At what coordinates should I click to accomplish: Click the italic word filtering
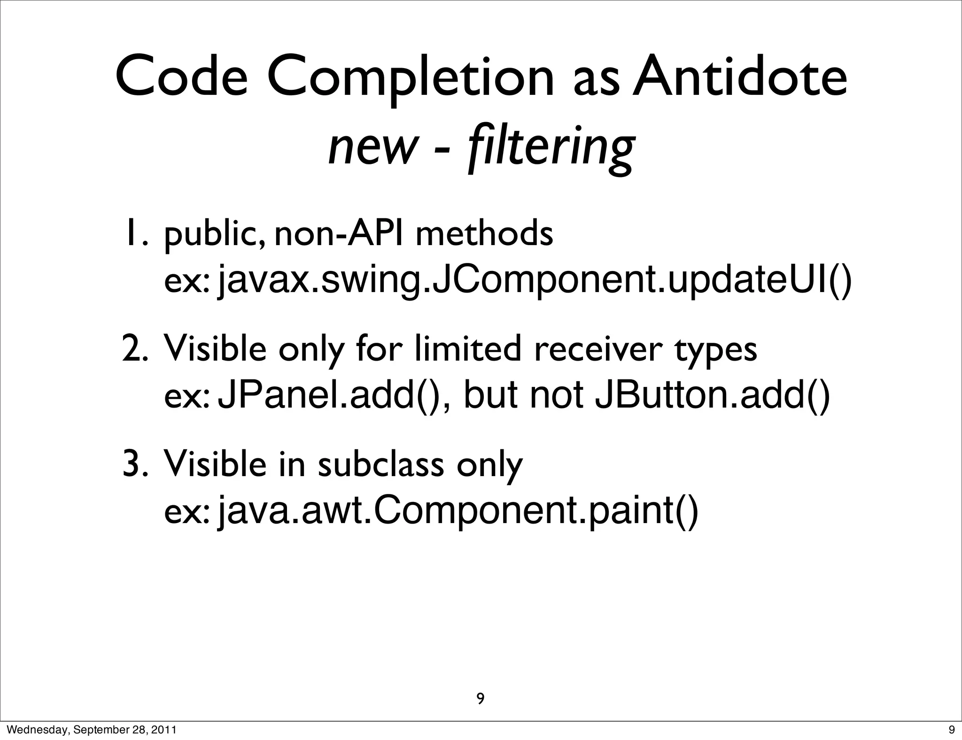click(x=550, y=147)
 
